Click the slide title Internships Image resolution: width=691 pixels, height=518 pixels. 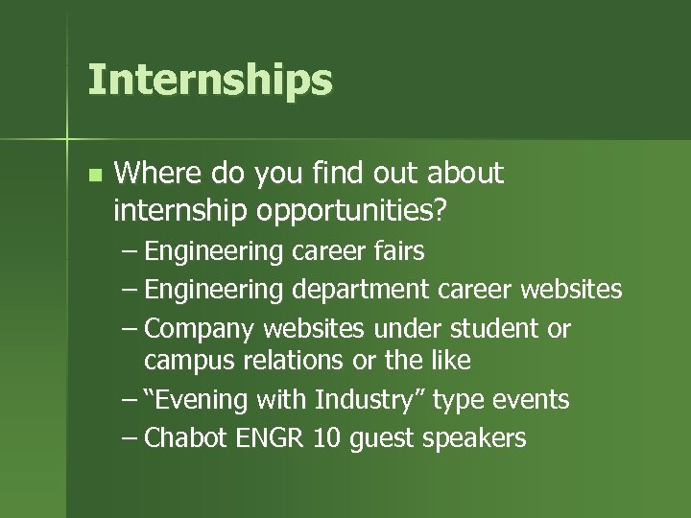pos(209,81)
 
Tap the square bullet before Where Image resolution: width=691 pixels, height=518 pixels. pos(93,176)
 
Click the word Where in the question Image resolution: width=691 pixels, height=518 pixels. pos(154,174)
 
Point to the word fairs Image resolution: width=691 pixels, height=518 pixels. pos(395,251)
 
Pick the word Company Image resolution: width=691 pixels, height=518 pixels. pos(201,329)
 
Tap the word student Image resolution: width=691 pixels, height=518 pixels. pos(492,329)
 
